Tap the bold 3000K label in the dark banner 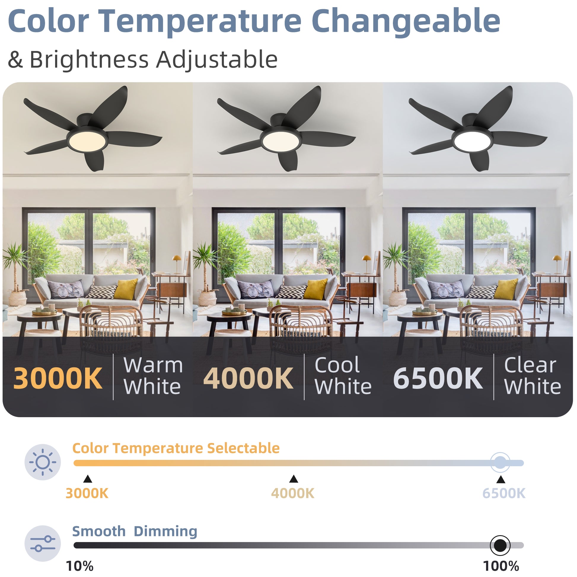click(58, 378)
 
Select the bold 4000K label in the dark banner click(248, 378)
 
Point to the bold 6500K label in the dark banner click(438, 378)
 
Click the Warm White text click(153, 376)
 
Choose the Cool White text click(343, 376)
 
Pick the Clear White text click(533, 376)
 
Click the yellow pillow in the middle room click(315, 289)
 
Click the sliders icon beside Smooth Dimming click(43, 544)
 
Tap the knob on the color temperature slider click(500, 463)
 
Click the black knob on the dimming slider click(500, 545)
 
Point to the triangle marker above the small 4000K click(294, 479)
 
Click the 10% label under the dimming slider click(79, 566)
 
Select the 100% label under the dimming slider click(501, 566)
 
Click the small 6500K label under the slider click(504, 494)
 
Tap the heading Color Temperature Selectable click(176, 448)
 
